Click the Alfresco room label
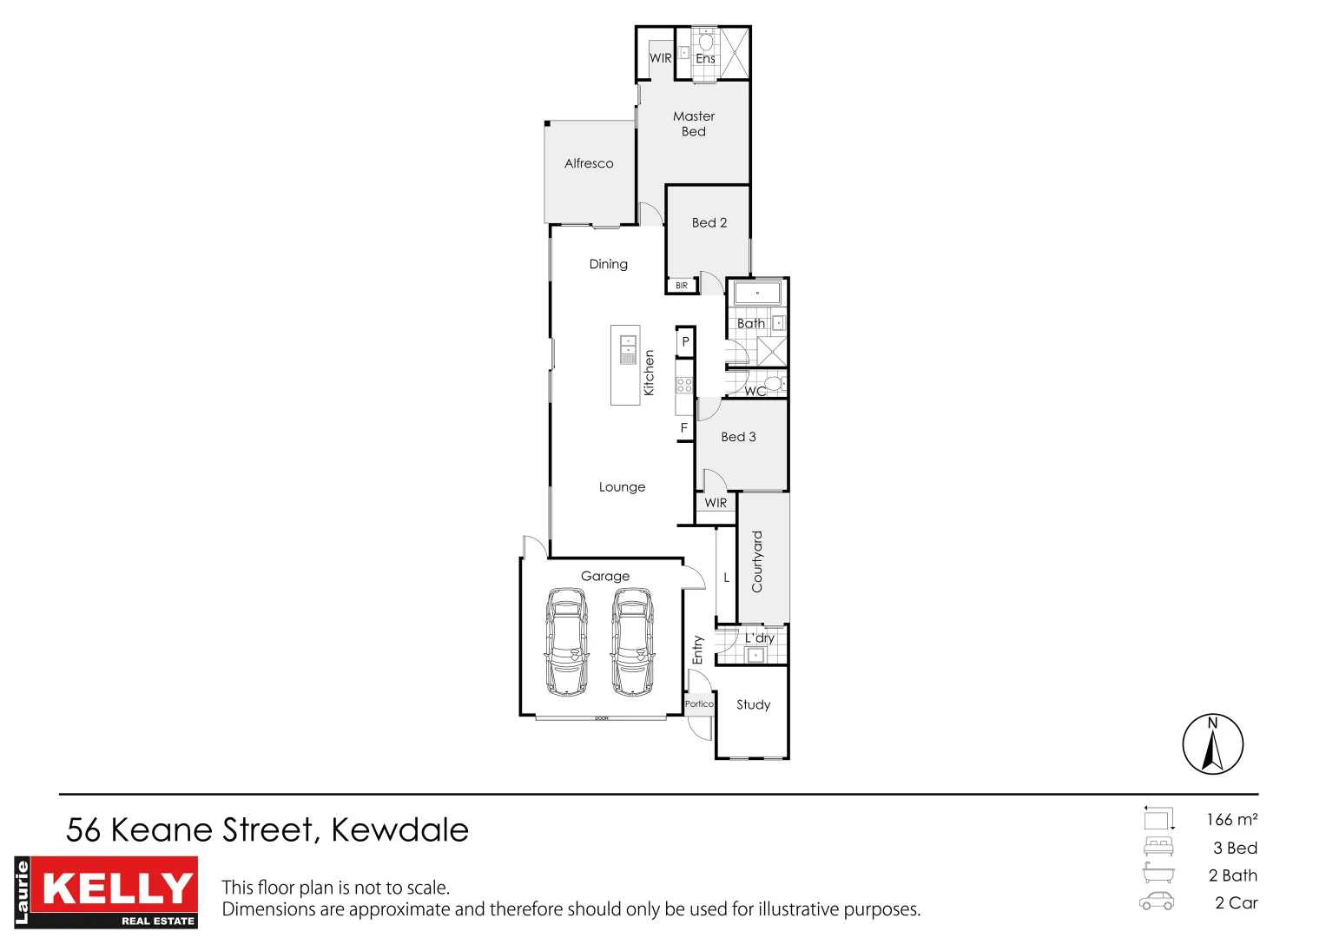(589, 163)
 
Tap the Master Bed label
(694, 123)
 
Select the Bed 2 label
(709, 222)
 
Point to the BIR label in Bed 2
(682, 286)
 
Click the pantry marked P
(685, 342)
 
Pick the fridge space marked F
(684, 428)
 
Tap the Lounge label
(622, 487)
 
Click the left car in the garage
(566, 642)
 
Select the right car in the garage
(633, 642)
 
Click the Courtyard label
(757, 562)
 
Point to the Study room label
(753, 704)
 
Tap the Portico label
(699, 704)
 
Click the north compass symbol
(1212, 744)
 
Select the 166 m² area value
(1231, 820)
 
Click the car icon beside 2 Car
(1157, 902)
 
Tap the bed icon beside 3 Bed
(1158, 847)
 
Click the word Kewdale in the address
(399, 830)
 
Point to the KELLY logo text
(118, 888)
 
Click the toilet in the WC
(774, 383)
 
